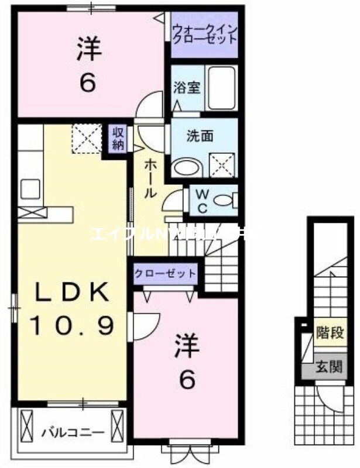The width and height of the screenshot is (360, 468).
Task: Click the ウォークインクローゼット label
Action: [204, 34]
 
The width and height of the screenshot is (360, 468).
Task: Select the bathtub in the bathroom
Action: [221, 88]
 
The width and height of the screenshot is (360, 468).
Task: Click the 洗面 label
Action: [196, 136]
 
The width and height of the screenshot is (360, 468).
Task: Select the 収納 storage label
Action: [118, 139]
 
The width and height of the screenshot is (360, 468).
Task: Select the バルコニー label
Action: [73, 433]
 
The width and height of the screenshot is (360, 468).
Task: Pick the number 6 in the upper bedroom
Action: [87, 83]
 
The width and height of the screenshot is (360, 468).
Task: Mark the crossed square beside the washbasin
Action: [222, 166]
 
